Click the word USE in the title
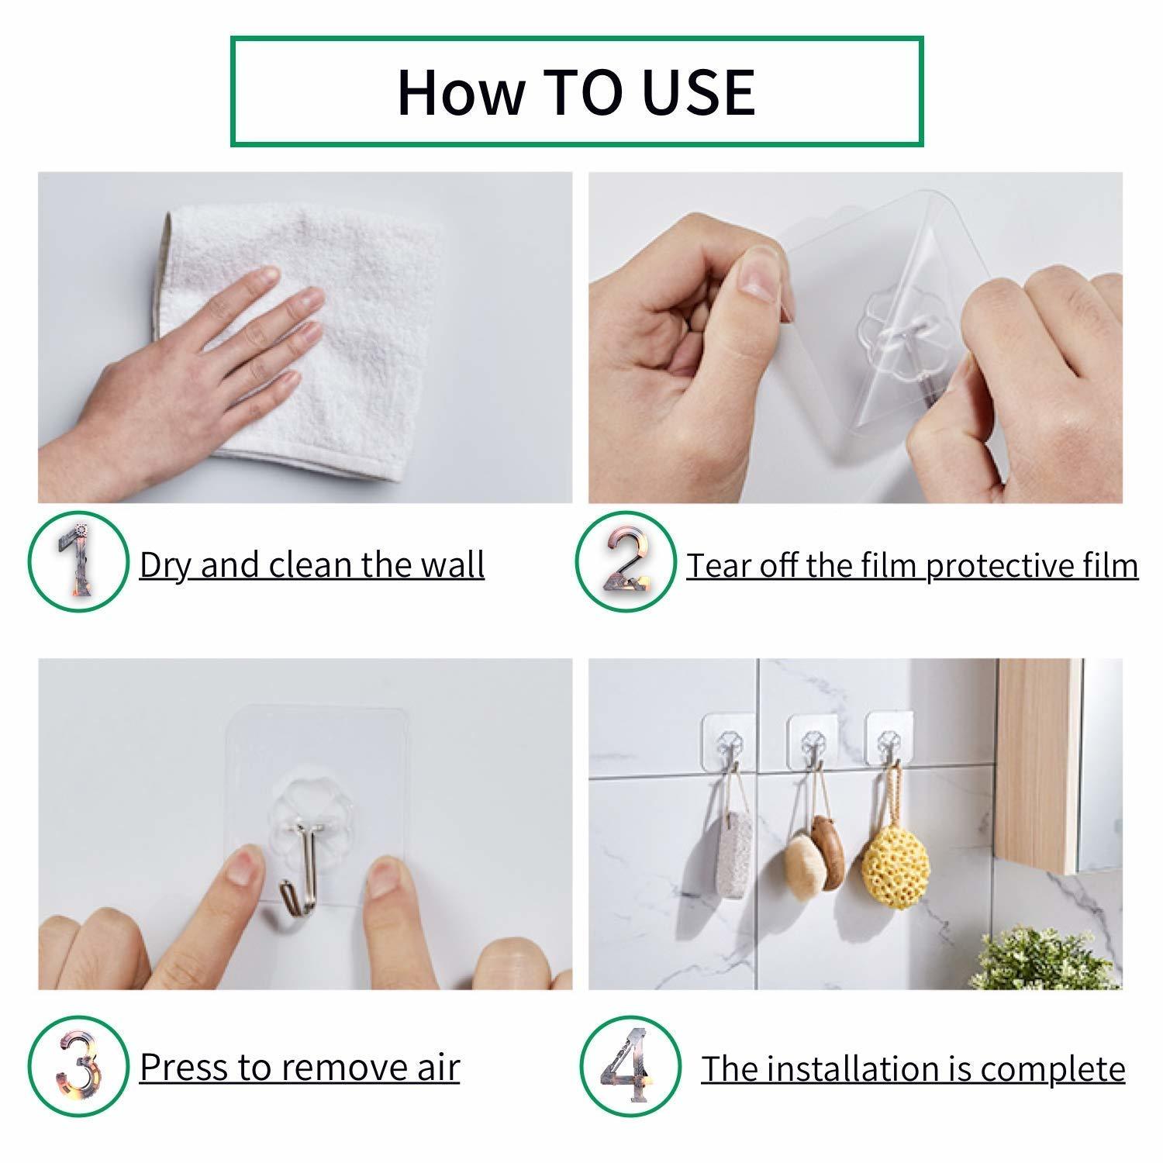pyautogui.click(x=699, y=93)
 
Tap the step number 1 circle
pyautogui.click(x=78, y=562)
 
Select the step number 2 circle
pyautogui.click(x=626, y=562)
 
